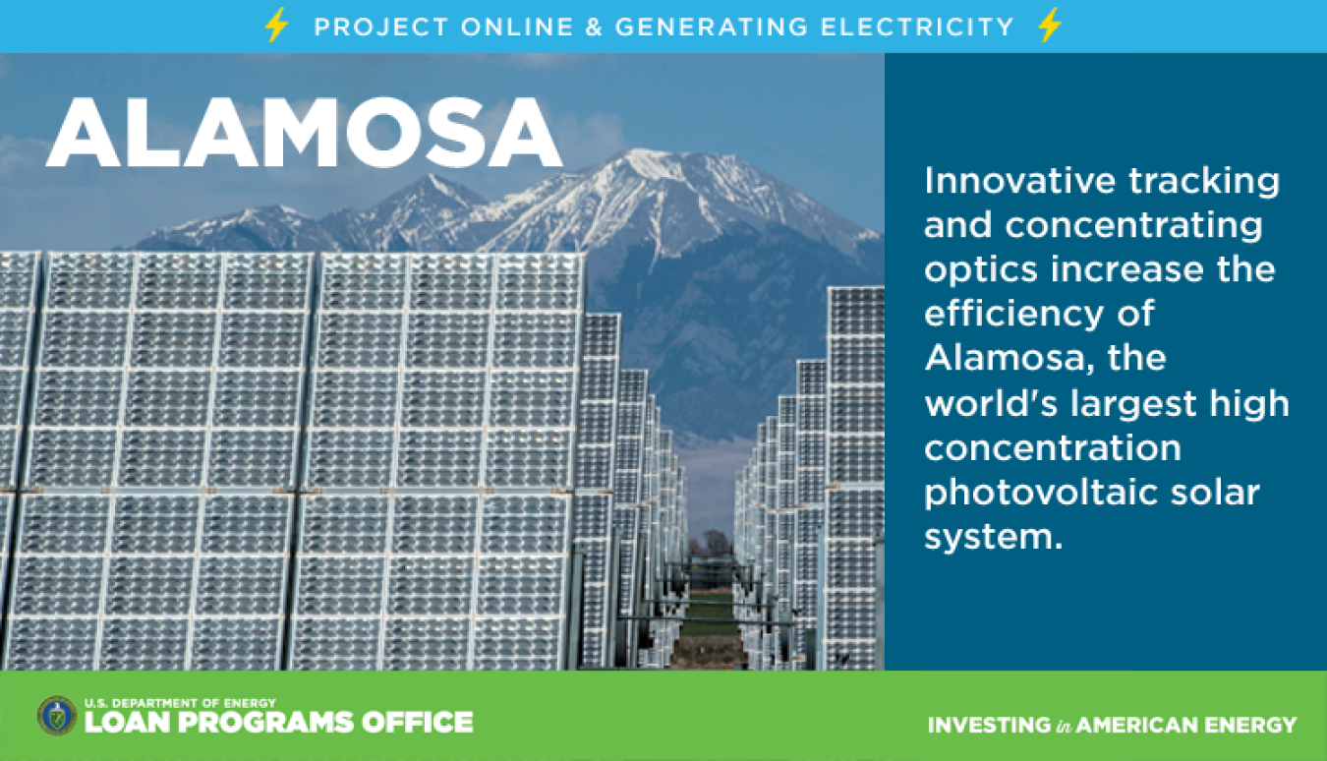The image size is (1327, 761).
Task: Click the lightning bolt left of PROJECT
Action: click(276, 25)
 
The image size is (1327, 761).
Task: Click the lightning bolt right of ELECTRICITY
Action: click(1050, 25)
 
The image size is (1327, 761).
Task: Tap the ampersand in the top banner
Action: click(594, 27)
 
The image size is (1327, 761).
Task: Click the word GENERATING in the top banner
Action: click(712, 27)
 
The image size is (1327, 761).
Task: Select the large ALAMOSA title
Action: click(304, 132)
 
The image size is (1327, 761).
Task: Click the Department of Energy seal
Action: click(57, 716)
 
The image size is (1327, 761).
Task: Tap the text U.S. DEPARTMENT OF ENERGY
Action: click(180, 703)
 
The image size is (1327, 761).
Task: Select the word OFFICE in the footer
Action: click(418, 723)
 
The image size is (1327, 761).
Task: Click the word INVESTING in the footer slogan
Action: click(989, 725)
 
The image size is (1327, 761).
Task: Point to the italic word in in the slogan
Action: click(1064, 726)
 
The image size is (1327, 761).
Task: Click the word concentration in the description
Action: click(1053, 448)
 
